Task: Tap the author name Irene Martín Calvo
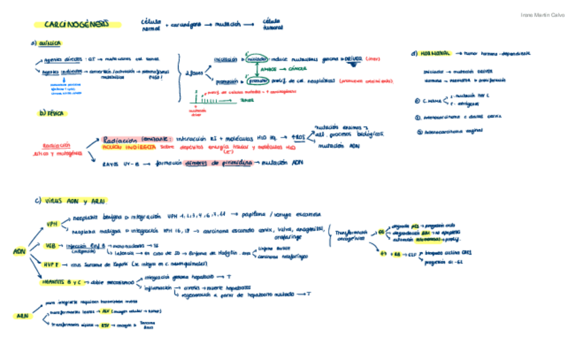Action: [541, 15]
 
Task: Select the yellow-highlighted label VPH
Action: [52, 223]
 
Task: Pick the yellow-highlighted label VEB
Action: [51, 245]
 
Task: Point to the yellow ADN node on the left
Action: [19, 252]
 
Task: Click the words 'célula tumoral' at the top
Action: [272, 24]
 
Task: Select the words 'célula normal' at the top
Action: [150, 25]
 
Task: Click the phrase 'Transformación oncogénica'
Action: [350, 236]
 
